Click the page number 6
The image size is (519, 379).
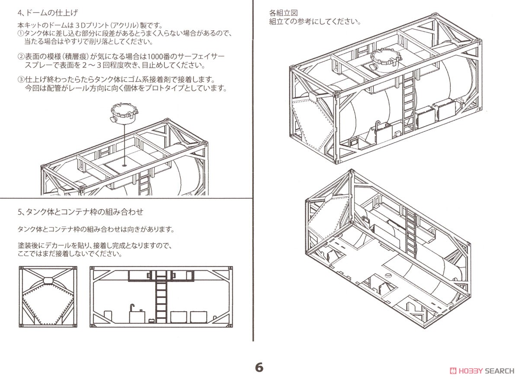[x=259, y=367]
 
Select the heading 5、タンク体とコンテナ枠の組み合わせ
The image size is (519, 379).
[x=80, y=212]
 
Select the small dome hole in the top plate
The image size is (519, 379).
[x=124, y=164]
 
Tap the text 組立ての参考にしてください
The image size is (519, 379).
[x=314, y=22]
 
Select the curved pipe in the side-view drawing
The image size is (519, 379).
[x=131, y=309]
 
